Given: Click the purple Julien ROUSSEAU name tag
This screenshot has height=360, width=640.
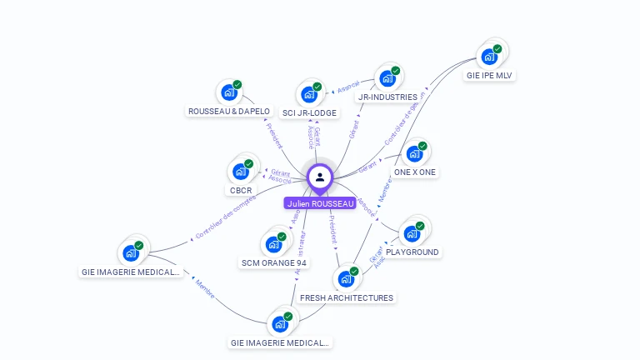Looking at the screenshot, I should pos(320,203).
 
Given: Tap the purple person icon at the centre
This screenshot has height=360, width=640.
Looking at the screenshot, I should pos(320,177).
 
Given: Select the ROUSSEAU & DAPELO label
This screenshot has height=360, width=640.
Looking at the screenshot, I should pos(229,111).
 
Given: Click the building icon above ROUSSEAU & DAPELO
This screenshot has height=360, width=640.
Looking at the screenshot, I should pos(227,92).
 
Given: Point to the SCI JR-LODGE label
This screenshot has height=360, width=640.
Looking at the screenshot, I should pos(309,112).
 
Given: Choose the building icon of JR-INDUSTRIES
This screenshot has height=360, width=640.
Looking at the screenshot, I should pos(387,79).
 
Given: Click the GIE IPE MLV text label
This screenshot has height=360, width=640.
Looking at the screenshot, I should pos(490,75).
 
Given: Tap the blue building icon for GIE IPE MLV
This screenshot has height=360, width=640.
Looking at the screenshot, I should pos(488,57).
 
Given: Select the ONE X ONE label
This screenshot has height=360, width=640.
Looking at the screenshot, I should pos(415,172).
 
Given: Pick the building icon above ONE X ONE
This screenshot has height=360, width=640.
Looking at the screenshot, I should pos(413,154).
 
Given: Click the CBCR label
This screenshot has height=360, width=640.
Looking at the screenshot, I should pos(241,190).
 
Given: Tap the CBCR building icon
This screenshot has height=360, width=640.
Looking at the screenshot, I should pos(240,172).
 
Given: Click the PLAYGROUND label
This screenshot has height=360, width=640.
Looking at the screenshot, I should pos(412,252).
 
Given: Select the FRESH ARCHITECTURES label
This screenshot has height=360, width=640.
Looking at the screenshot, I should pos(347,297).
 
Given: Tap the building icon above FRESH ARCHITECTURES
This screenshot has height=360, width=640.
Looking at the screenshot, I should pos(346,279).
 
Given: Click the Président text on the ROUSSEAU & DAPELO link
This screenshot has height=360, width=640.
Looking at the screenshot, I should pos(274,137).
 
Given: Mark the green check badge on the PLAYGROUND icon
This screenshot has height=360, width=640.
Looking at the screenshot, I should pos(419,226).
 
